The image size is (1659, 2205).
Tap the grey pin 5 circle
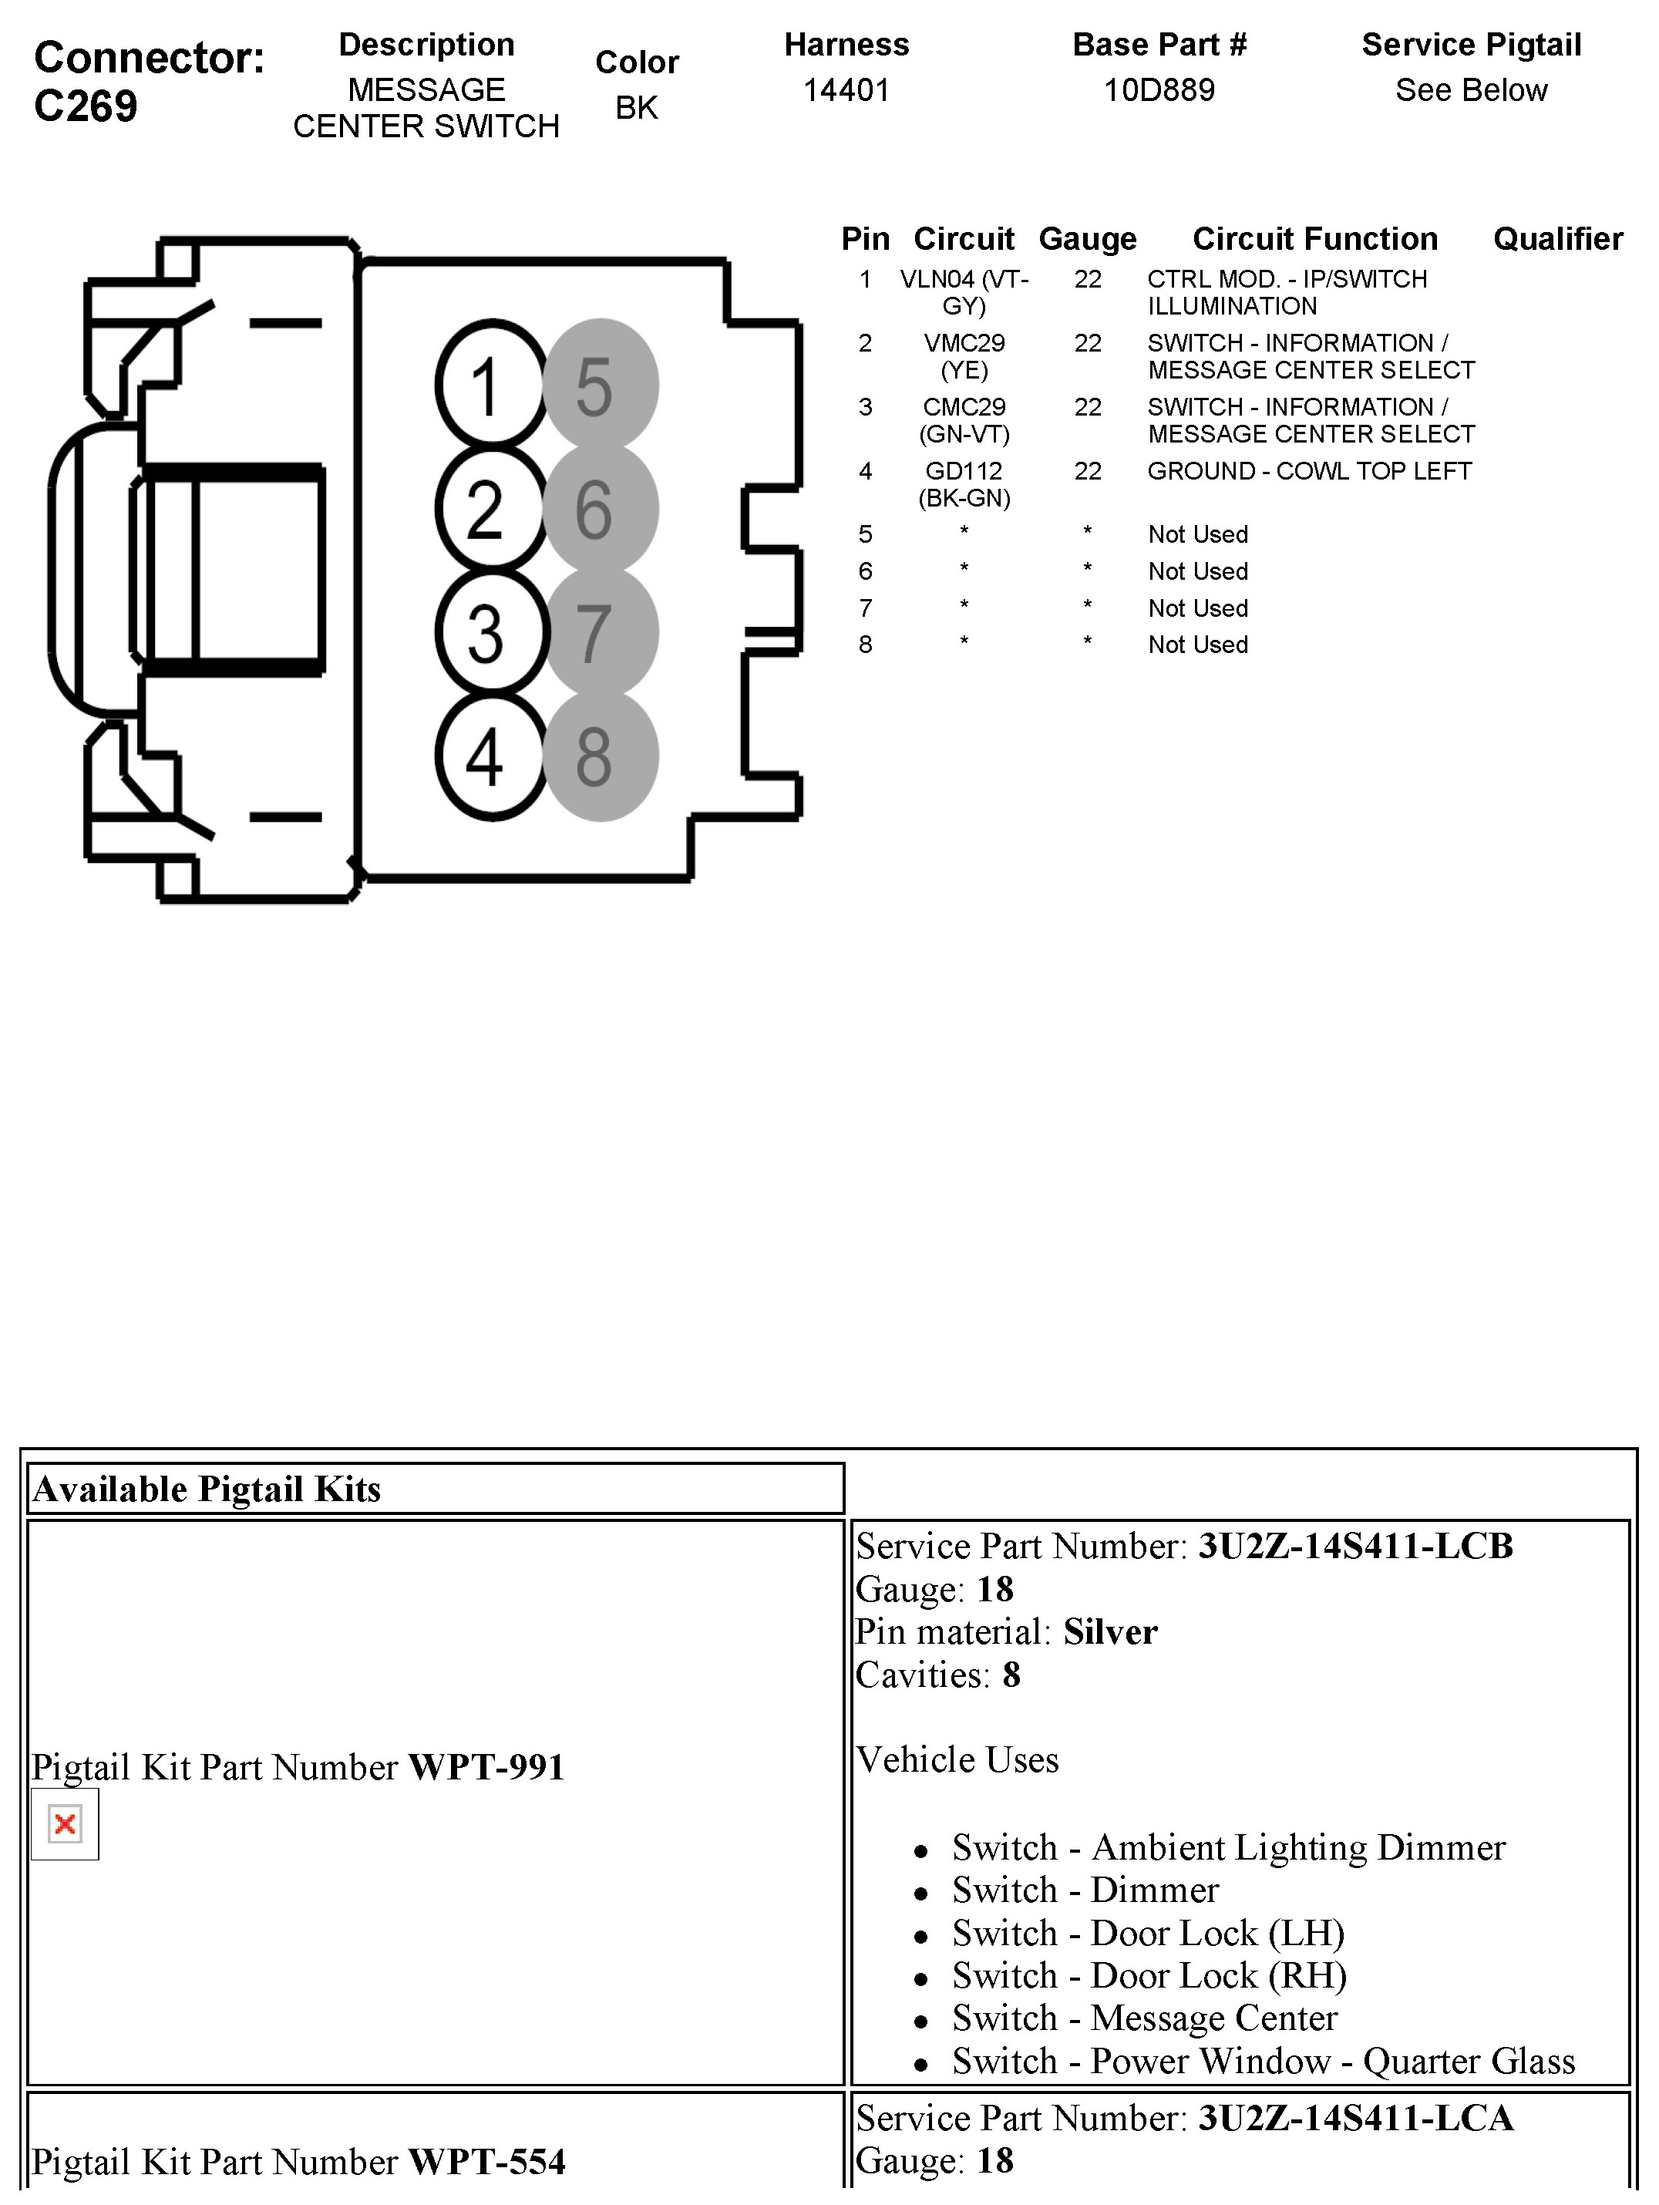point(599,385)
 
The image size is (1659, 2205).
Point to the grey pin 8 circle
point(599,756)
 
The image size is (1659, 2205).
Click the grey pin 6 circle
point(599,508)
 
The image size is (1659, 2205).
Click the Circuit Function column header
point(1314,239)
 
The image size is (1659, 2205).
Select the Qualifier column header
point(1557,239)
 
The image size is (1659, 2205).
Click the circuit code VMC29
point(963,343)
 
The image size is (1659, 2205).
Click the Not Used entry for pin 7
point(1197,608)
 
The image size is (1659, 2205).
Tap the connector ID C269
point(86,106)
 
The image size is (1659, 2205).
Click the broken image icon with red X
point(65,1823)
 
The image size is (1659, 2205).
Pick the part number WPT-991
point(486,1767)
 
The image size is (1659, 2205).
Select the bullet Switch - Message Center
point(1143,2018)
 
